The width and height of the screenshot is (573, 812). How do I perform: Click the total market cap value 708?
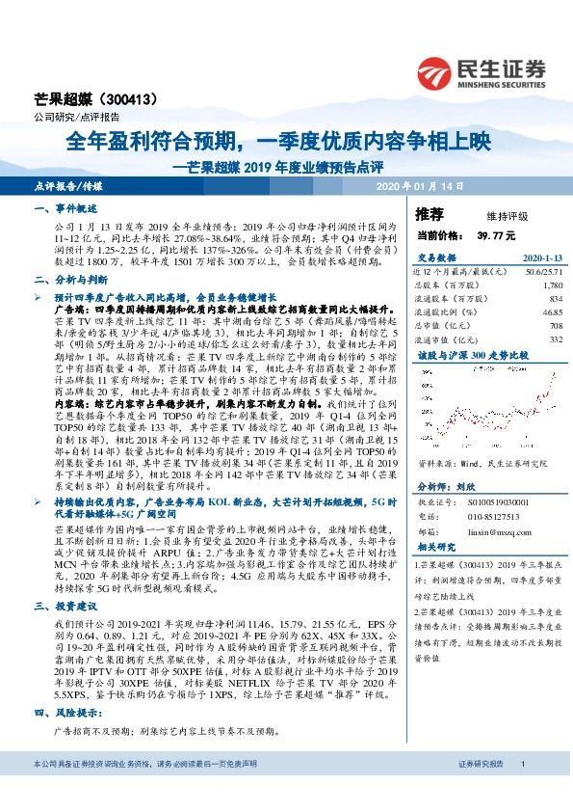(x=555, y=326)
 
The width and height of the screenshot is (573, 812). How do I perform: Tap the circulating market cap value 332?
(x=555, y=338)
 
